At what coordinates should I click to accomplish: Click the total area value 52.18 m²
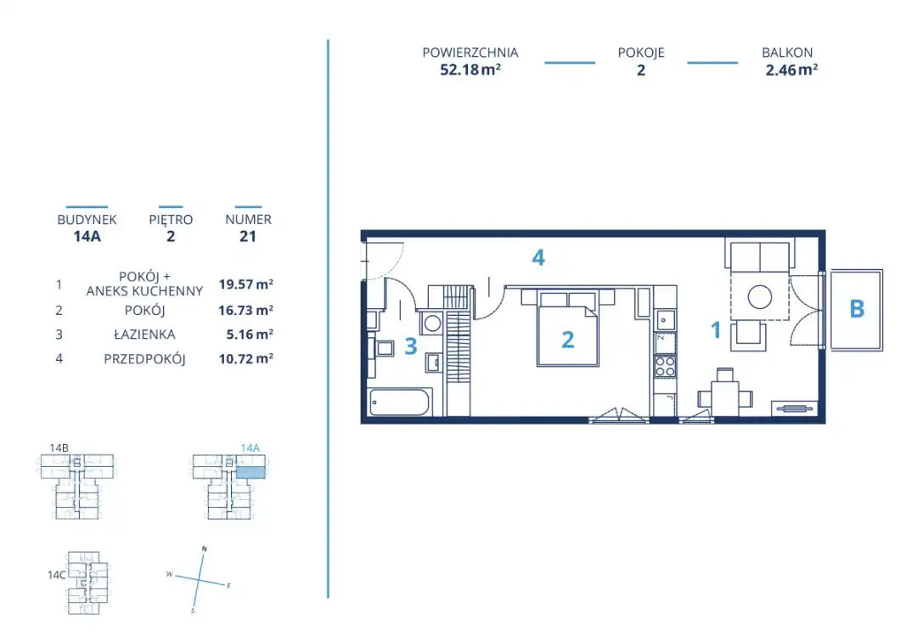tap(470, 70)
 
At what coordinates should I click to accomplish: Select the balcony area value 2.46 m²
tap(791, 70)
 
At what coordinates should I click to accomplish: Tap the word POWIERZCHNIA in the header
tap(470, 53)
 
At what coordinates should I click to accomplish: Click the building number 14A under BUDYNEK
tap(87, 236)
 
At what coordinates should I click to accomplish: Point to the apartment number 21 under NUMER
tap(248, 236)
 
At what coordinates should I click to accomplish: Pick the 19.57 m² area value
tap(245, 284)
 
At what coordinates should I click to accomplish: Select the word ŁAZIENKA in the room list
tap(144, 335)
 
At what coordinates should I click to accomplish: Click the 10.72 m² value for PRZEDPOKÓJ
tap(245, 358)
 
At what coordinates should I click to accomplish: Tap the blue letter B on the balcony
tap(857, 309)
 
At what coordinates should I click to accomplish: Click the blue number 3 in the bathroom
tap(411, 346)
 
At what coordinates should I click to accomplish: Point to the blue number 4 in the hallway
tap(538, 257)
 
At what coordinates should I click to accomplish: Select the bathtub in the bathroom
tap(400, 402)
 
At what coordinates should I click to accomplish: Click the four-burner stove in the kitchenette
tap(665, 366)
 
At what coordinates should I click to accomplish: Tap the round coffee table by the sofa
tap(760, 297)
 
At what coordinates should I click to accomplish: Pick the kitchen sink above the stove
tap(665, 320)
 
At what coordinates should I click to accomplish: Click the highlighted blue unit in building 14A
tap(250, 472)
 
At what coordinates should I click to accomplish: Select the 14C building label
tap(57, 575)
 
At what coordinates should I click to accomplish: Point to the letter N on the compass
tap(204, 549)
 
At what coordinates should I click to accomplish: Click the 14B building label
tap(59, 447)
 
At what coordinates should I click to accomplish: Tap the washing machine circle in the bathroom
tap(433, 324)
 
